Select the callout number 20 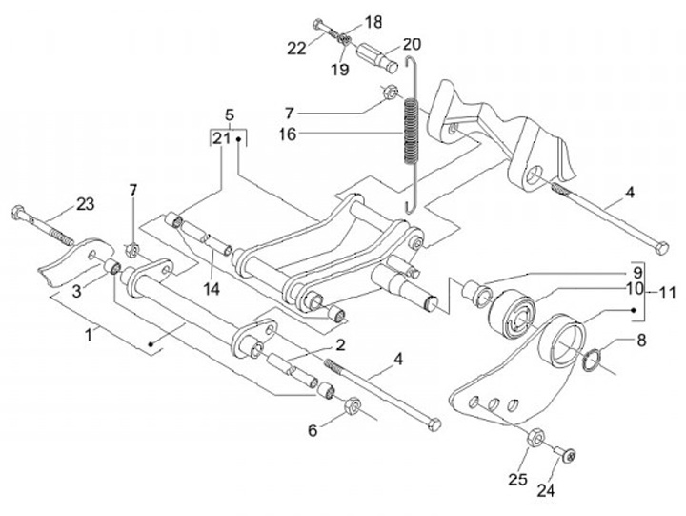pyautogui.click(x=411, y=43)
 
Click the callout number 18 pyautogui.click(x=373, y=21)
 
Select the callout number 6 pyautogui.click(x=311, y=431)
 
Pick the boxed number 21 pyautogui.click(x=220, y=138)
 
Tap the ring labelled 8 pyautogui.click(x=591, y=362)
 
